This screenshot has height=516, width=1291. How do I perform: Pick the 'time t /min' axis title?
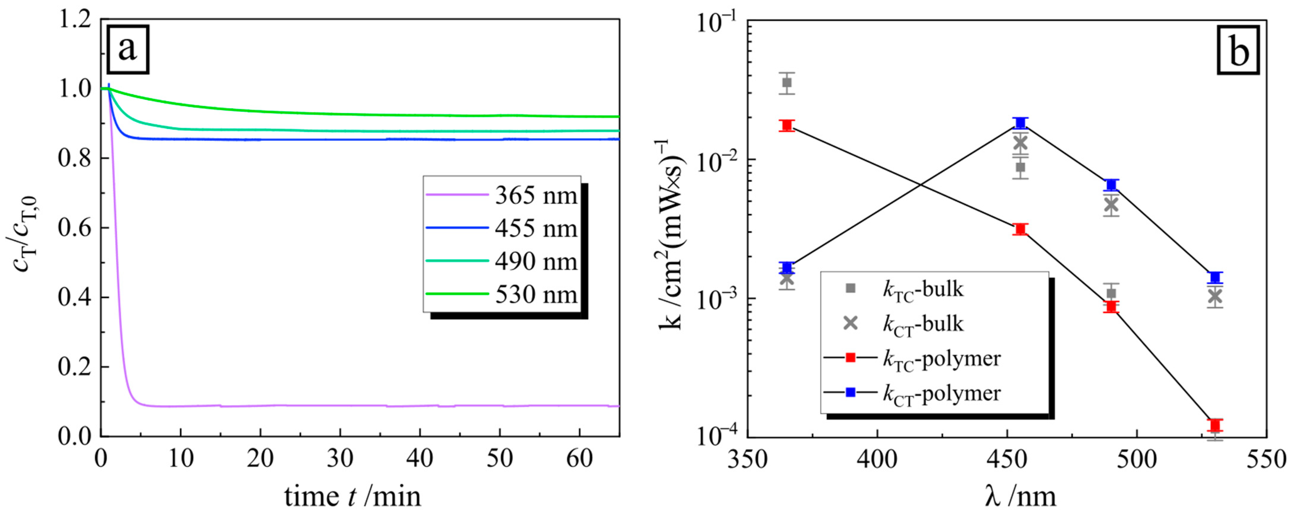click(x=353, y=496)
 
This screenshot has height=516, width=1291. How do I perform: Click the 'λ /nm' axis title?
click(x=1022, y=496)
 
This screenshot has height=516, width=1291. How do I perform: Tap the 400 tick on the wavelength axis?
click(x=877, y=458)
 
